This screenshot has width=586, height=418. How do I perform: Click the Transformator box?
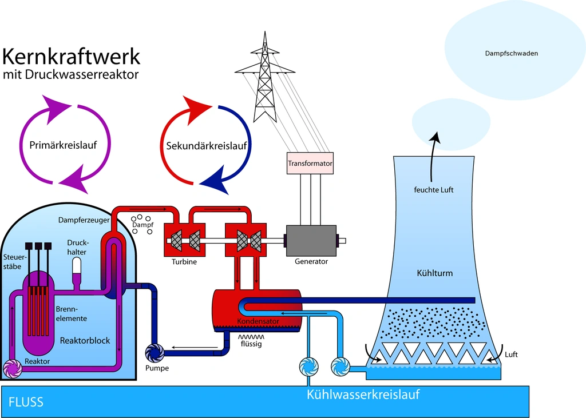point(310,164)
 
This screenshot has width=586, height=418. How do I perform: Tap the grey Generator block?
point(311,240)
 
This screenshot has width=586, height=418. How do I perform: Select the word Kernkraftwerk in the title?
point(71,57)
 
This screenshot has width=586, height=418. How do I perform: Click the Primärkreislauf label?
point(63,145)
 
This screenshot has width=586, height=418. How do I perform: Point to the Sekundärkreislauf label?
point(207,146)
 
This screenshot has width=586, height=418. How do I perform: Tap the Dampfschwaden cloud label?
point(511,54)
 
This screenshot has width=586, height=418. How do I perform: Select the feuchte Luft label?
point(434,189)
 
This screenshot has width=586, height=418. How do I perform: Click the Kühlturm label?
point(435,273)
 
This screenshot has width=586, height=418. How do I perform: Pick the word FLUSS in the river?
point(26,402)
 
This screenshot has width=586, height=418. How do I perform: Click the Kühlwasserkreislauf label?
point(363,395)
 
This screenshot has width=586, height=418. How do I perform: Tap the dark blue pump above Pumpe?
point(155,353)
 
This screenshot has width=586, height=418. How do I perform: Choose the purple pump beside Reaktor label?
point(12,369)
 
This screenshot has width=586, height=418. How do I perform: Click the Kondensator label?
point(258,321)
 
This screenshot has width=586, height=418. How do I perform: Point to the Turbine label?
point(184,261)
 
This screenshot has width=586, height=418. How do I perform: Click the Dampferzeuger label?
point(80,220)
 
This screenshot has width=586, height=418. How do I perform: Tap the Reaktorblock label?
point(85,341)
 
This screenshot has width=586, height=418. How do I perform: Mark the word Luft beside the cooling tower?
point(511,355)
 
